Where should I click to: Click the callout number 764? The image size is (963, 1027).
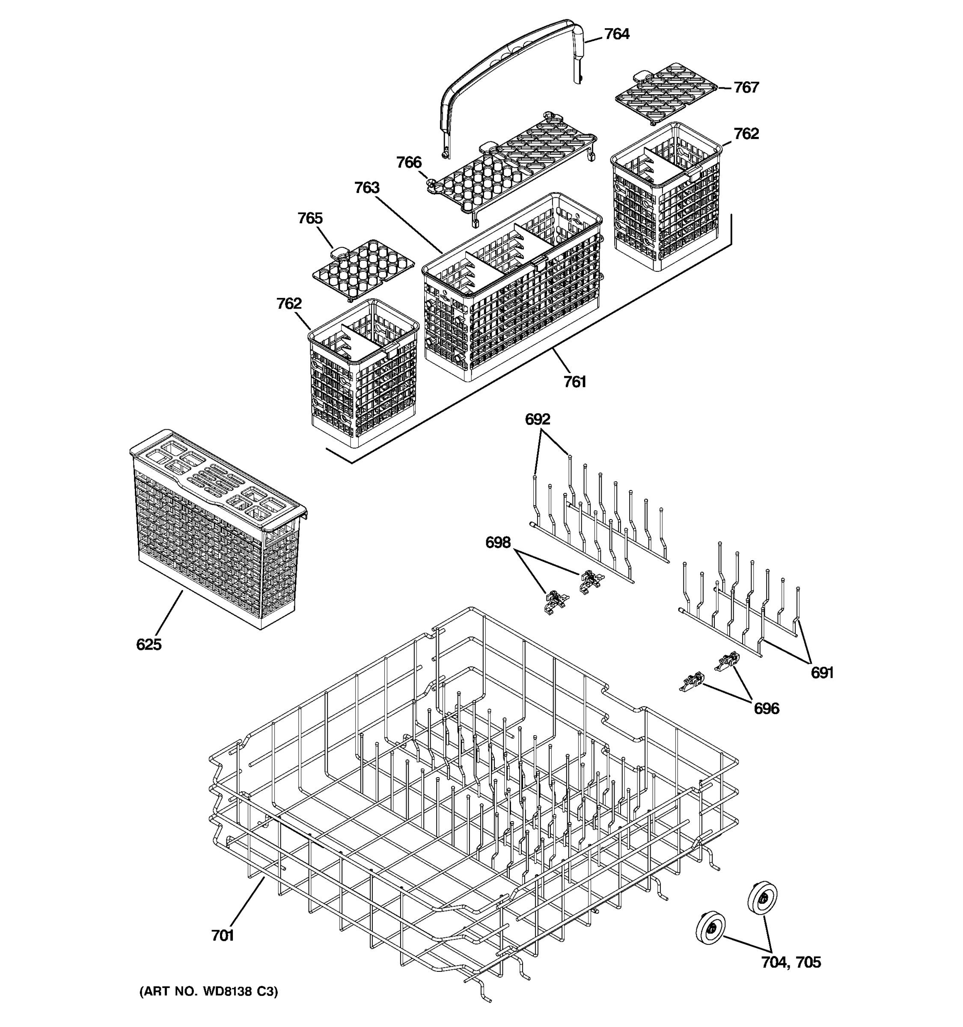616,34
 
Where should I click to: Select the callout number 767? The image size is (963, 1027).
746,87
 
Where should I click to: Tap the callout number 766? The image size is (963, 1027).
409,162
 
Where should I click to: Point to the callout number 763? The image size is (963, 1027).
367,187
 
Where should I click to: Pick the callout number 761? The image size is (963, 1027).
574,382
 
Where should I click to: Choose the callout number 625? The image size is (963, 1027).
149,644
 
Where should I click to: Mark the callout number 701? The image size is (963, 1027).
223,935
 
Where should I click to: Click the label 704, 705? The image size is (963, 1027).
791,962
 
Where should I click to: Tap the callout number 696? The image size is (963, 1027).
766,708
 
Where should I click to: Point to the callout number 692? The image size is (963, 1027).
537,419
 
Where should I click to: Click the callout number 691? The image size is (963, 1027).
821,673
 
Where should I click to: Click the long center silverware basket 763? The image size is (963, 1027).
511,289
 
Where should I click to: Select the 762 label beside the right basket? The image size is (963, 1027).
746,134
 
